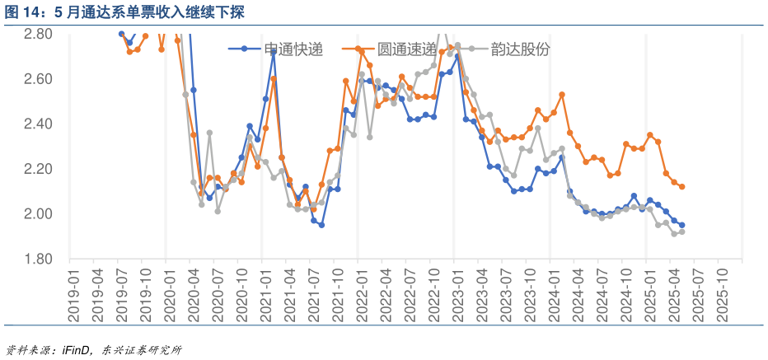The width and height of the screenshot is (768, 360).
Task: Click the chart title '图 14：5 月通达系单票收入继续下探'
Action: click(x=124, y=12)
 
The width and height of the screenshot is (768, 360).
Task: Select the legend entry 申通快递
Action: click(x=293, y=49)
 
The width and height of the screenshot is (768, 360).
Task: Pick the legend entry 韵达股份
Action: click(x=520, y=49)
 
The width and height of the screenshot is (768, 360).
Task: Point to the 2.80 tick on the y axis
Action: click(x=38, y=34)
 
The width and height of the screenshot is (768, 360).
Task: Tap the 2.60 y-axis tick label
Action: click(x=38, y=79)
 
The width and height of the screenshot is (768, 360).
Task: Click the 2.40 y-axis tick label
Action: click(x=38, y=124)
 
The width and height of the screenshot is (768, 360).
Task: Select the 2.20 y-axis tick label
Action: click(x=38, y=169)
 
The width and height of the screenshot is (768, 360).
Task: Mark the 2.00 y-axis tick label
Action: click(x=38, y=214)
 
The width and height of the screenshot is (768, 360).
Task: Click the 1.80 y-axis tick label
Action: click(x=38, y=259)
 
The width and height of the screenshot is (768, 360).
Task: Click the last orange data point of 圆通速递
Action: click(x=681, y=187)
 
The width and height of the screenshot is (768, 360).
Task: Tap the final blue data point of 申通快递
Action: click(x=681, y=225)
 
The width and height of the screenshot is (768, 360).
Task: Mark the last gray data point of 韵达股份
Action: click(x=681, y=231)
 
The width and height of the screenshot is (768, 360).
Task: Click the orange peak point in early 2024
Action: click(x=561, y=95)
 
